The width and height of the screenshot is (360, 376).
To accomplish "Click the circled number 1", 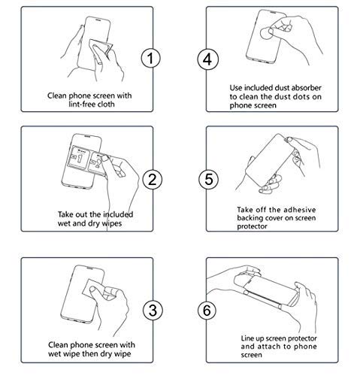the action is (150, 58).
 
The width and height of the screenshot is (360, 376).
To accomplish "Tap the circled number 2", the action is (153, 180).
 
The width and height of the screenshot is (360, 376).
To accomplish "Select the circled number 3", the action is (153, 310).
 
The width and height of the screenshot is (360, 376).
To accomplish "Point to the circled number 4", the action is (207, 59).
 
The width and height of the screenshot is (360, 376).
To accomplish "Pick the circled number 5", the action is (208, 180).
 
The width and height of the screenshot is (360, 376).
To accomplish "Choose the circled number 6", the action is (207, 310).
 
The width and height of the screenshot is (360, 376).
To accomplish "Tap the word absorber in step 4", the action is (307, 88).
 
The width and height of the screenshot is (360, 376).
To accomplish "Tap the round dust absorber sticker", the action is (266, 33).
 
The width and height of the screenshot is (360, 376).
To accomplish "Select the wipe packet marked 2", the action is (100, 163).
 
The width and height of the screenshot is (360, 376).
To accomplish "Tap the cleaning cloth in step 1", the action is (100, 52).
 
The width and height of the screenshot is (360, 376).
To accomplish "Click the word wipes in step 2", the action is (111, 223).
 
